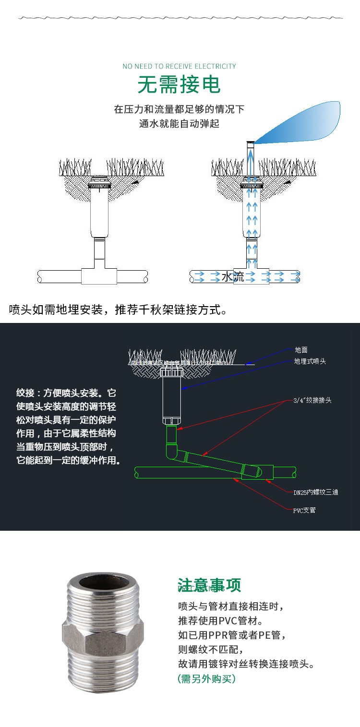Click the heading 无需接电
(x=179, y=85)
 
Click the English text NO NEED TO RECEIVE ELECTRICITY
(x=179, y=66)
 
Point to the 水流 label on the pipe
(x=233, y=276)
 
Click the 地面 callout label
(x=301, y=350)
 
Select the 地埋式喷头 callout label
(x=310, y=361)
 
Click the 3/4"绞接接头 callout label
(x=312, y=400)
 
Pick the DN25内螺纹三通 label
(x=316, y=492)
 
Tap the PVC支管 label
(x=304, y=510)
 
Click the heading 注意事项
(x=209, y=585)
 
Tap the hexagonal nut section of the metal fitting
(x=103, y=641)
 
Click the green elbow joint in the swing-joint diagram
(x=172, y=453)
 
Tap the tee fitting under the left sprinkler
(x=100, y=276)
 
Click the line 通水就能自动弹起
(x=179, y=123)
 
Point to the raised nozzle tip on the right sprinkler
(x=250, y=144)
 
